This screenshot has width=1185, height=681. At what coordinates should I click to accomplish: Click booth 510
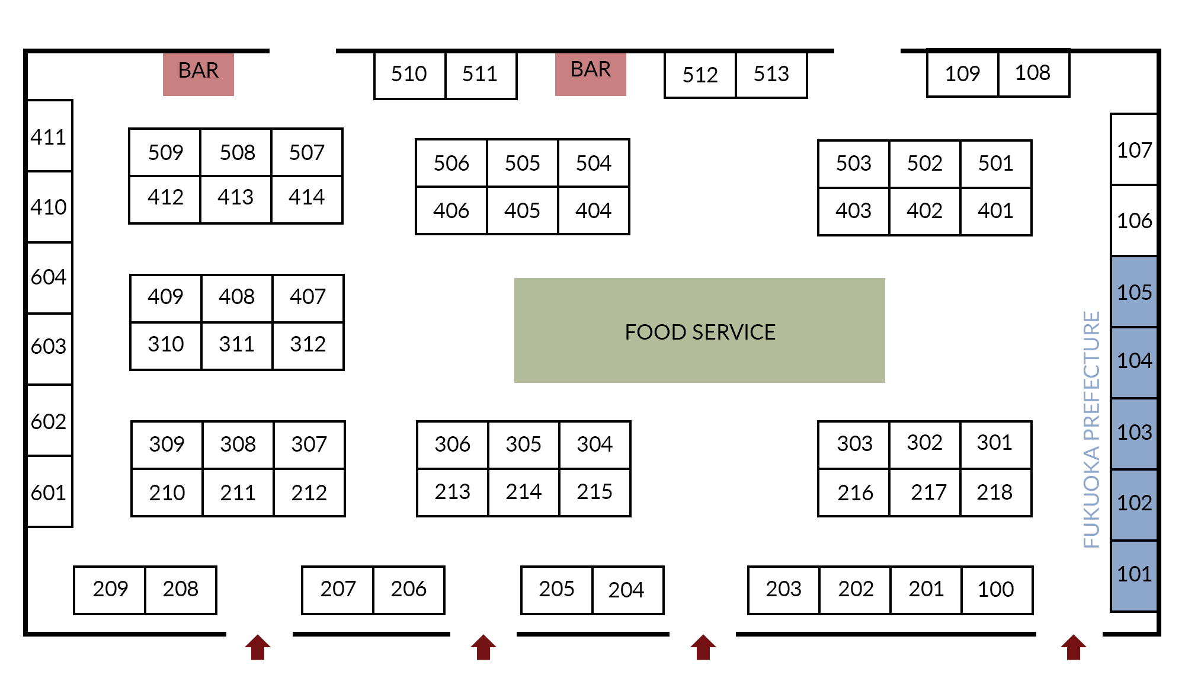coord(409,75)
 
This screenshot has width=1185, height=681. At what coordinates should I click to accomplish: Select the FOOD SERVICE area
coord(700,330)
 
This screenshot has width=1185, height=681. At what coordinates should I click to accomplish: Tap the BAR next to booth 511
coord(591,73)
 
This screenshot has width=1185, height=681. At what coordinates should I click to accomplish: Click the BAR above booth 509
coord(198,73)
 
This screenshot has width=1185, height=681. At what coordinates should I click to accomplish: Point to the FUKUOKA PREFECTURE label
coord(1091,430)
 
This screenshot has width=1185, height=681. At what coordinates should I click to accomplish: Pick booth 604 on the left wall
coord(50,278)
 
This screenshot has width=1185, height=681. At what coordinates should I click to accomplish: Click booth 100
coord(997,590)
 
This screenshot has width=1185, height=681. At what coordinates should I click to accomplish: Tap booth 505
coord(523,163)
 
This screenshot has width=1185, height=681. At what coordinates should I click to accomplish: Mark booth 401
coord(996,212)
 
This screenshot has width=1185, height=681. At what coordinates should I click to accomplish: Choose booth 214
coord(524,493)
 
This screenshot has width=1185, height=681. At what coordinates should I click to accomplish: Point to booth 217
coord(925,493)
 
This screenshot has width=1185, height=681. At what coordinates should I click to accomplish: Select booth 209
coord(110,590)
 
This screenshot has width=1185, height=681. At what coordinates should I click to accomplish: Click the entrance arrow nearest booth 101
coord(1074,647)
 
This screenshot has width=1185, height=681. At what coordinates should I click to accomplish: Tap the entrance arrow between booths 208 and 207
coord(258,647)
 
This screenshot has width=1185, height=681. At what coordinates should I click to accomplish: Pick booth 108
coord(1034,73)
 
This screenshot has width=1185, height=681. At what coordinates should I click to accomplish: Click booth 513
coord(771,75)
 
